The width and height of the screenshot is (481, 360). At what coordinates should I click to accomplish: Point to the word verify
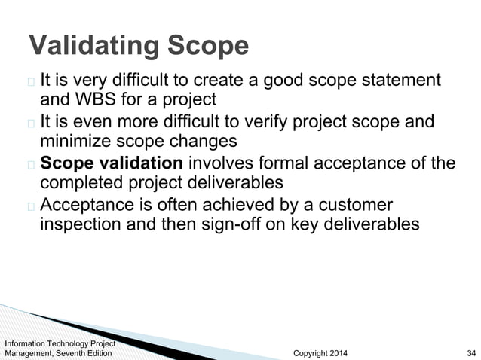269,121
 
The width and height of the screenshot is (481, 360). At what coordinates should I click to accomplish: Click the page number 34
472,352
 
